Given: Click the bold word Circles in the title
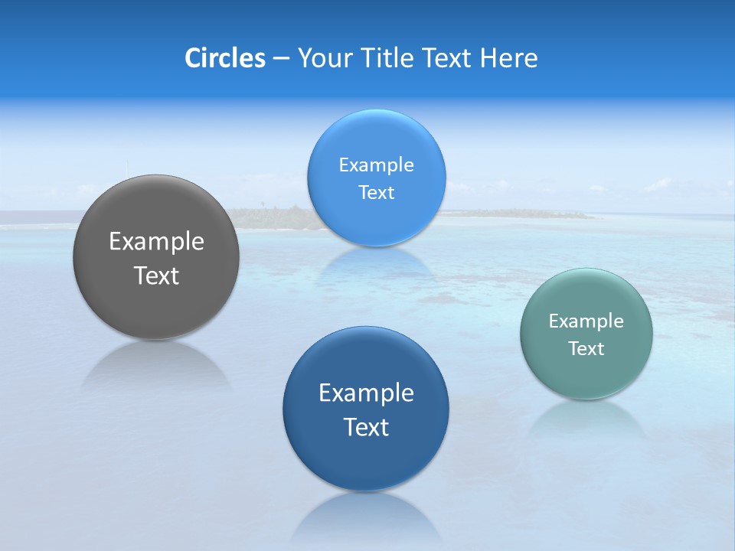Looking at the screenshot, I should [224, 58].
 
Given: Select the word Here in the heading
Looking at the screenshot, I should [509, 58].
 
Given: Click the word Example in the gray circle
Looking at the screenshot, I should [156, 242].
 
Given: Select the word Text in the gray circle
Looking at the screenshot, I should [156, 275].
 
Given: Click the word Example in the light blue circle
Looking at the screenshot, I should [376, 165].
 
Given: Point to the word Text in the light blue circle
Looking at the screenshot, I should [376, 193].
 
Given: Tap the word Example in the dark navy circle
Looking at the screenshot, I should [366, 393].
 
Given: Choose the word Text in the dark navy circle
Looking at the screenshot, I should [366, 427].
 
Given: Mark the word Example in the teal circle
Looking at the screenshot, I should [586, 321].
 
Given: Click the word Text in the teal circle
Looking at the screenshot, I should [586, 349].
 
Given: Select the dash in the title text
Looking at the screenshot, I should [280, 58].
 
